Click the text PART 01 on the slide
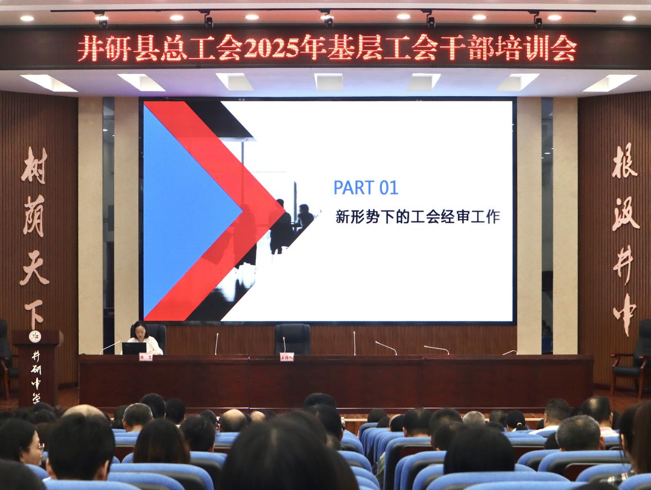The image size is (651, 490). tap(366, 188)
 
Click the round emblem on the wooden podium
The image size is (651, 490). tap(36, 337)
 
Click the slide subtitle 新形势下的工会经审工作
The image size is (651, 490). tap(417, 216)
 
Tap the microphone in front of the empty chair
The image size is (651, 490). tap(283, 346)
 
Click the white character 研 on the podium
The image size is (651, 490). tap(36, 369)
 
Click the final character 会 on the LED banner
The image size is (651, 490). tap(565, 49)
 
